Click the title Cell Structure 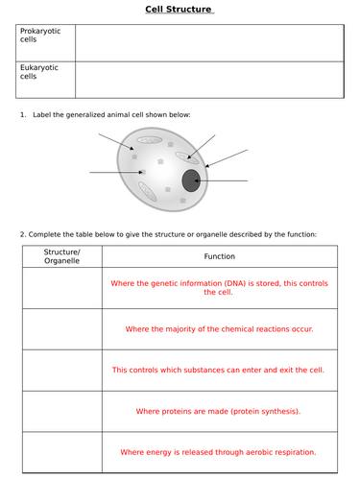(x=180, y=11)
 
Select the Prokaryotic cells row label (x=40, y=36)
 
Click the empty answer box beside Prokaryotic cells (x=208, y=42)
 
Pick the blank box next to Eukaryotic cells (x=208, y=80)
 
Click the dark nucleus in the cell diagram (x=190, y=180)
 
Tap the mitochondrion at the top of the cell (x=150, y=140)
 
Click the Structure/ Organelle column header (x=61, y=256)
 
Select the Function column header (x=219, y=256)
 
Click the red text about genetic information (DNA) (x=219, y=288)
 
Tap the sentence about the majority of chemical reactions (x=219, y=328)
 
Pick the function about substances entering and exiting (x=219, y=370)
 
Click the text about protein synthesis (x=219, y=411)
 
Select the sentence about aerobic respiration (x=219, y=452)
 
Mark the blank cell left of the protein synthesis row (x=61, y=411)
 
